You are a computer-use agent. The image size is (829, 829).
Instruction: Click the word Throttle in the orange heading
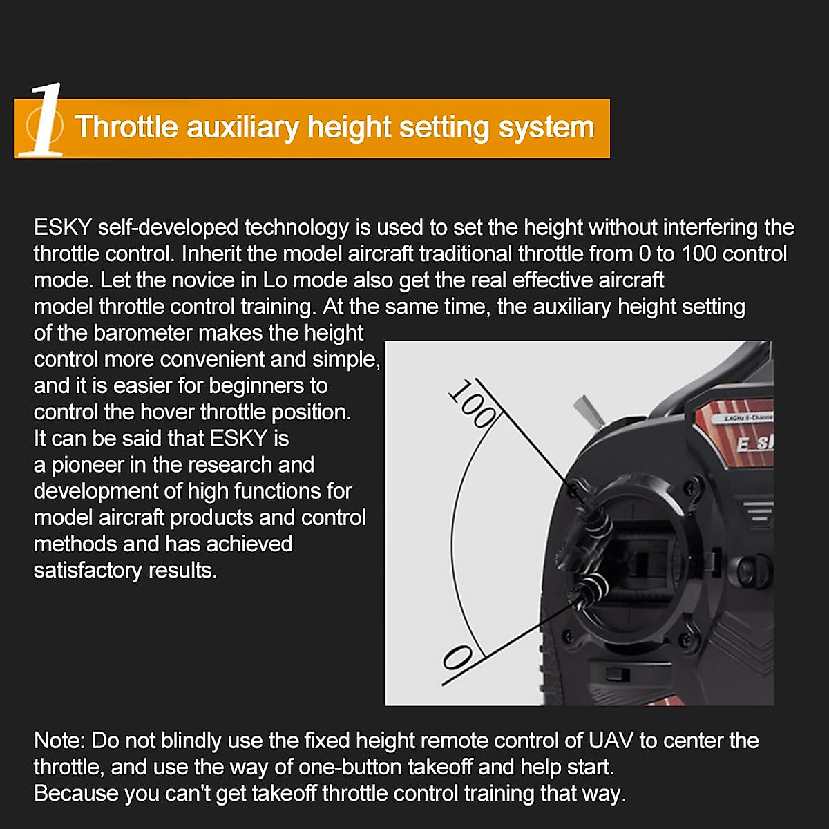(126, 128)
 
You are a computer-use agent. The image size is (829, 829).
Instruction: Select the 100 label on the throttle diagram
(473, 403)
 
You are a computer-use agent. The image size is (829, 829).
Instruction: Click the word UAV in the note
(611, 741)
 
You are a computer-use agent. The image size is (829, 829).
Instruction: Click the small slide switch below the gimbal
(615, 674)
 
